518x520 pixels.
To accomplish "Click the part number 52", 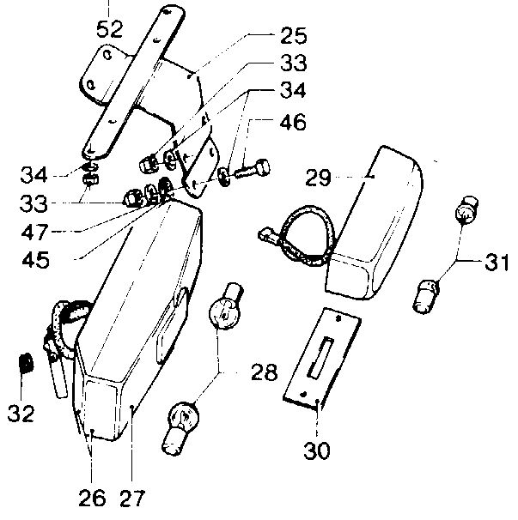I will [x=110, y=28].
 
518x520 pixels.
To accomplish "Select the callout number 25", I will [x=294, y=36].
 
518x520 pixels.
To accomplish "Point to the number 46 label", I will [x=292, y=123].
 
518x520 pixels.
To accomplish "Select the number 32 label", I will [x=21, y=413].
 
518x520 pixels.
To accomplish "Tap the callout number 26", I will [x=92, y=497].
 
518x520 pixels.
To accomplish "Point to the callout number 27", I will [x=134, y=497].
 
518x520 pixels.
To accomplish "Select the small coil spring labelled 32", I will [x=26, y=363].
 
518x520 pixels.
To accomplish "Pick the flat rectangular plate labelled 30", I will [x=319, y=355].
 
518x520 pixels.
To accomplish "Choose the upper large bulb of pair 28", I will [x=225, y=309].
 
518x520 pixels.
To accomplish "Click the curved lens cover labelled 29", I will [x=378, y=215].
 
